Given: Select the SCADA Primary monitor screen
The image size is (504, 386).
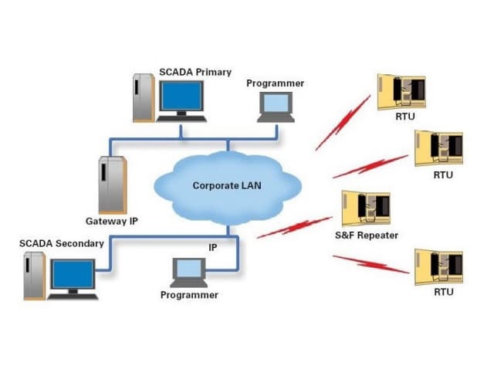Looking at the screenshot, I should [x=181, y=96].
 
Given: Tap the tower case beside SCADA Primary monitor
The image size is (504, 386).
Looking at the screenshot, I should [x=143, y=97].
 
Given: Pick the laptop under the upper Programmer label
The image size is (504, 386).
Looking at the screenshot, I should [x=276, y=106].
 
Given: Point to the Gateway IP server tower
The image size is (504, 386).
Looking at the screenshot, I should [x=111, y=184].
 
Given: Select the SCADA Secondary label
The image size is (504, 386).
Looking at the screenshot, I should [x=62, y=243].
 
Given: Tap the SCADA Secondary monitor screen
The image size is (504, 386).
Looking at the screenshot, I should [x=72, y=274].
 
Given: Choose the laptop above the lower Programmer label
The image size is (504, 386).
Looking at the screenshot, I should [x=188, y=271].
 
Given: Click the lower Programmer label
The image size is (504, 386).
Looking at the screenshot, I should [x=189, y=295].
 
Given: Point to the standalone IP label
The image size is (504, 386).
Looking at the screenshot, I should [x=213, y=247].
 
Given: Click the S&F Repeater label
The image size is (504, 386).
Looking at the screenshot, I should [x=367, y=235].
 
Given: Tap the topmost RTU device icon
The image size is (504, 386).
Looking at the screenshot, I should [x=401, y=91].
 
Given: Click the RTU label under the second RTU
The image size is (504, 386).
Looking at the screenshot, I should [x=443, y=175].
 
